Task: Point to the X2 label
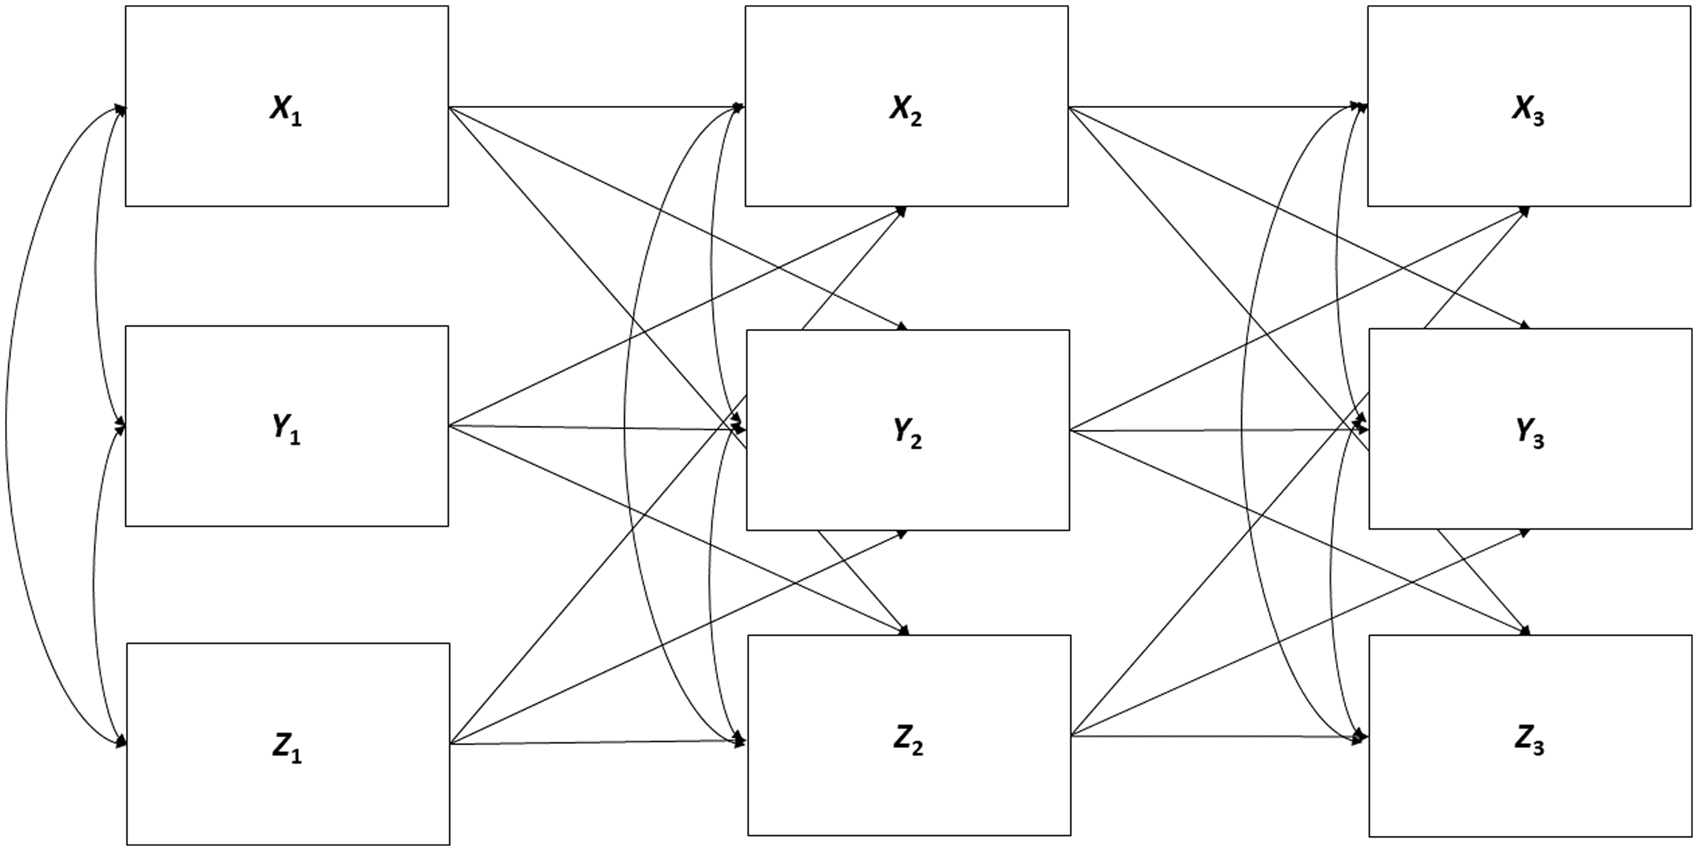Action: [906, 110]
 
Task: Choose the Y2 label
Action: [908, 433]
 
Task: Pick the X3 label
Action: [1528, 110]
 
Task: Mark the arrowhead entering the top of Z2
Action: [904, 631]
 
